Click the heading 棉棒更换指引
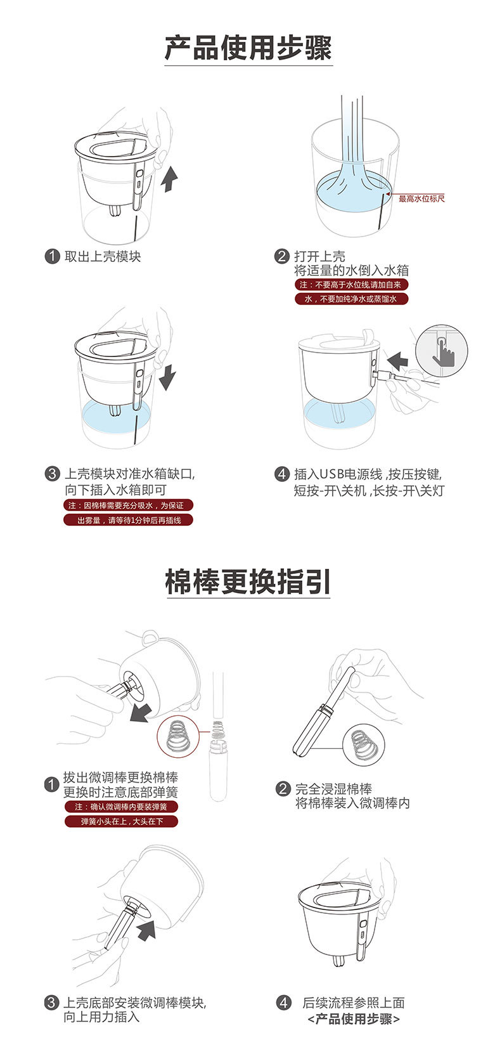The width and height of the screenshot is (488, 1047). (248, 582)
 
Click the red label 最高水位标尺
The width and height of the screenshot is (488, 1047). (421, 198)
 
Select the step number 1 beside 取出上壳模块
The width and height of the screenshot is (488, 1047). (52, 256)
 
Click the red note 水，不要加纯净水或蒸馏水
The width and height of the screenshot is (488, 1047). (351, 299)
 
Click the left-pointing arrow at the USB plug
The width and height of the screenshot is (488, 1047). (398, 360)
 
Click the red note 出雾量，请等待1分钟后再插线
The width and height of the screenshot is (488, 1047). (129, 520)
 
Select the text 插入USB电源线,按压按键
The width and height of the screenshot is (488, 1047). (368, 474)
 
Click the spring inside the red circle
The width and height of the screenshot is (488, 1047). (177, 736)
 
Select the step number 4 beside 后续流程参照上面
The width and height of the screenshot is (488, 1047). (283, 1003)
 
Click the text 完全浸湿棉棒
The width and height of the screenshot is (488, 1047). (333, 788)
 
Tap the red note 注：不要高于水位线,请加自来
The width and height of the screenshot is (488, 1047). (351, 285)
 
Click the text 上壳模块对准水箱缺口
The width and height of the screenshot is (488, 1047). (129, 474)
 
